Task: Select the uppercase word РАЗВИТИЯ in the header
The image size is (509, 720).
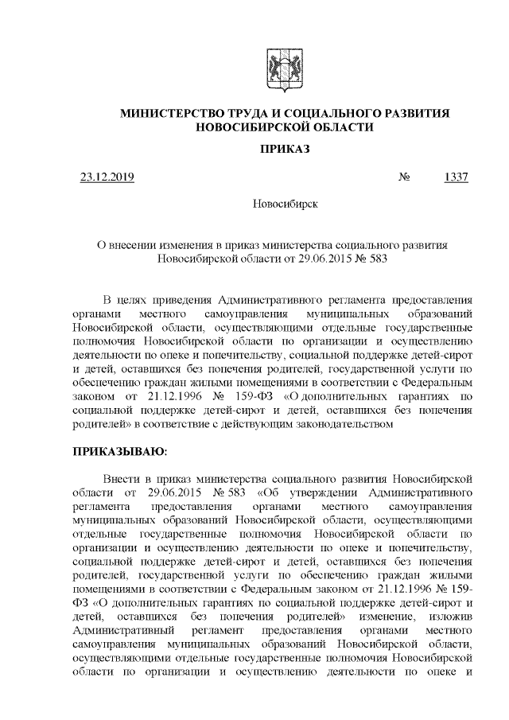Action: click(x=416, y=114)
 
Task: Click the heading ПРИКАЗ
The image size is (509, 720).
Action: click(x=285, y=150)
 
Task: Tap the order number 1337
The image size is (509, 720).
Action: click(x=456, y=177)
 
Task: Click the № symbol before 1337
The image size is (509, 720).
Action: click(x=403, y=177)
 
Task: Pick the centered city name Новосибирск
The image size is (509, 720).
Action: click(x=285, y=204)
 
